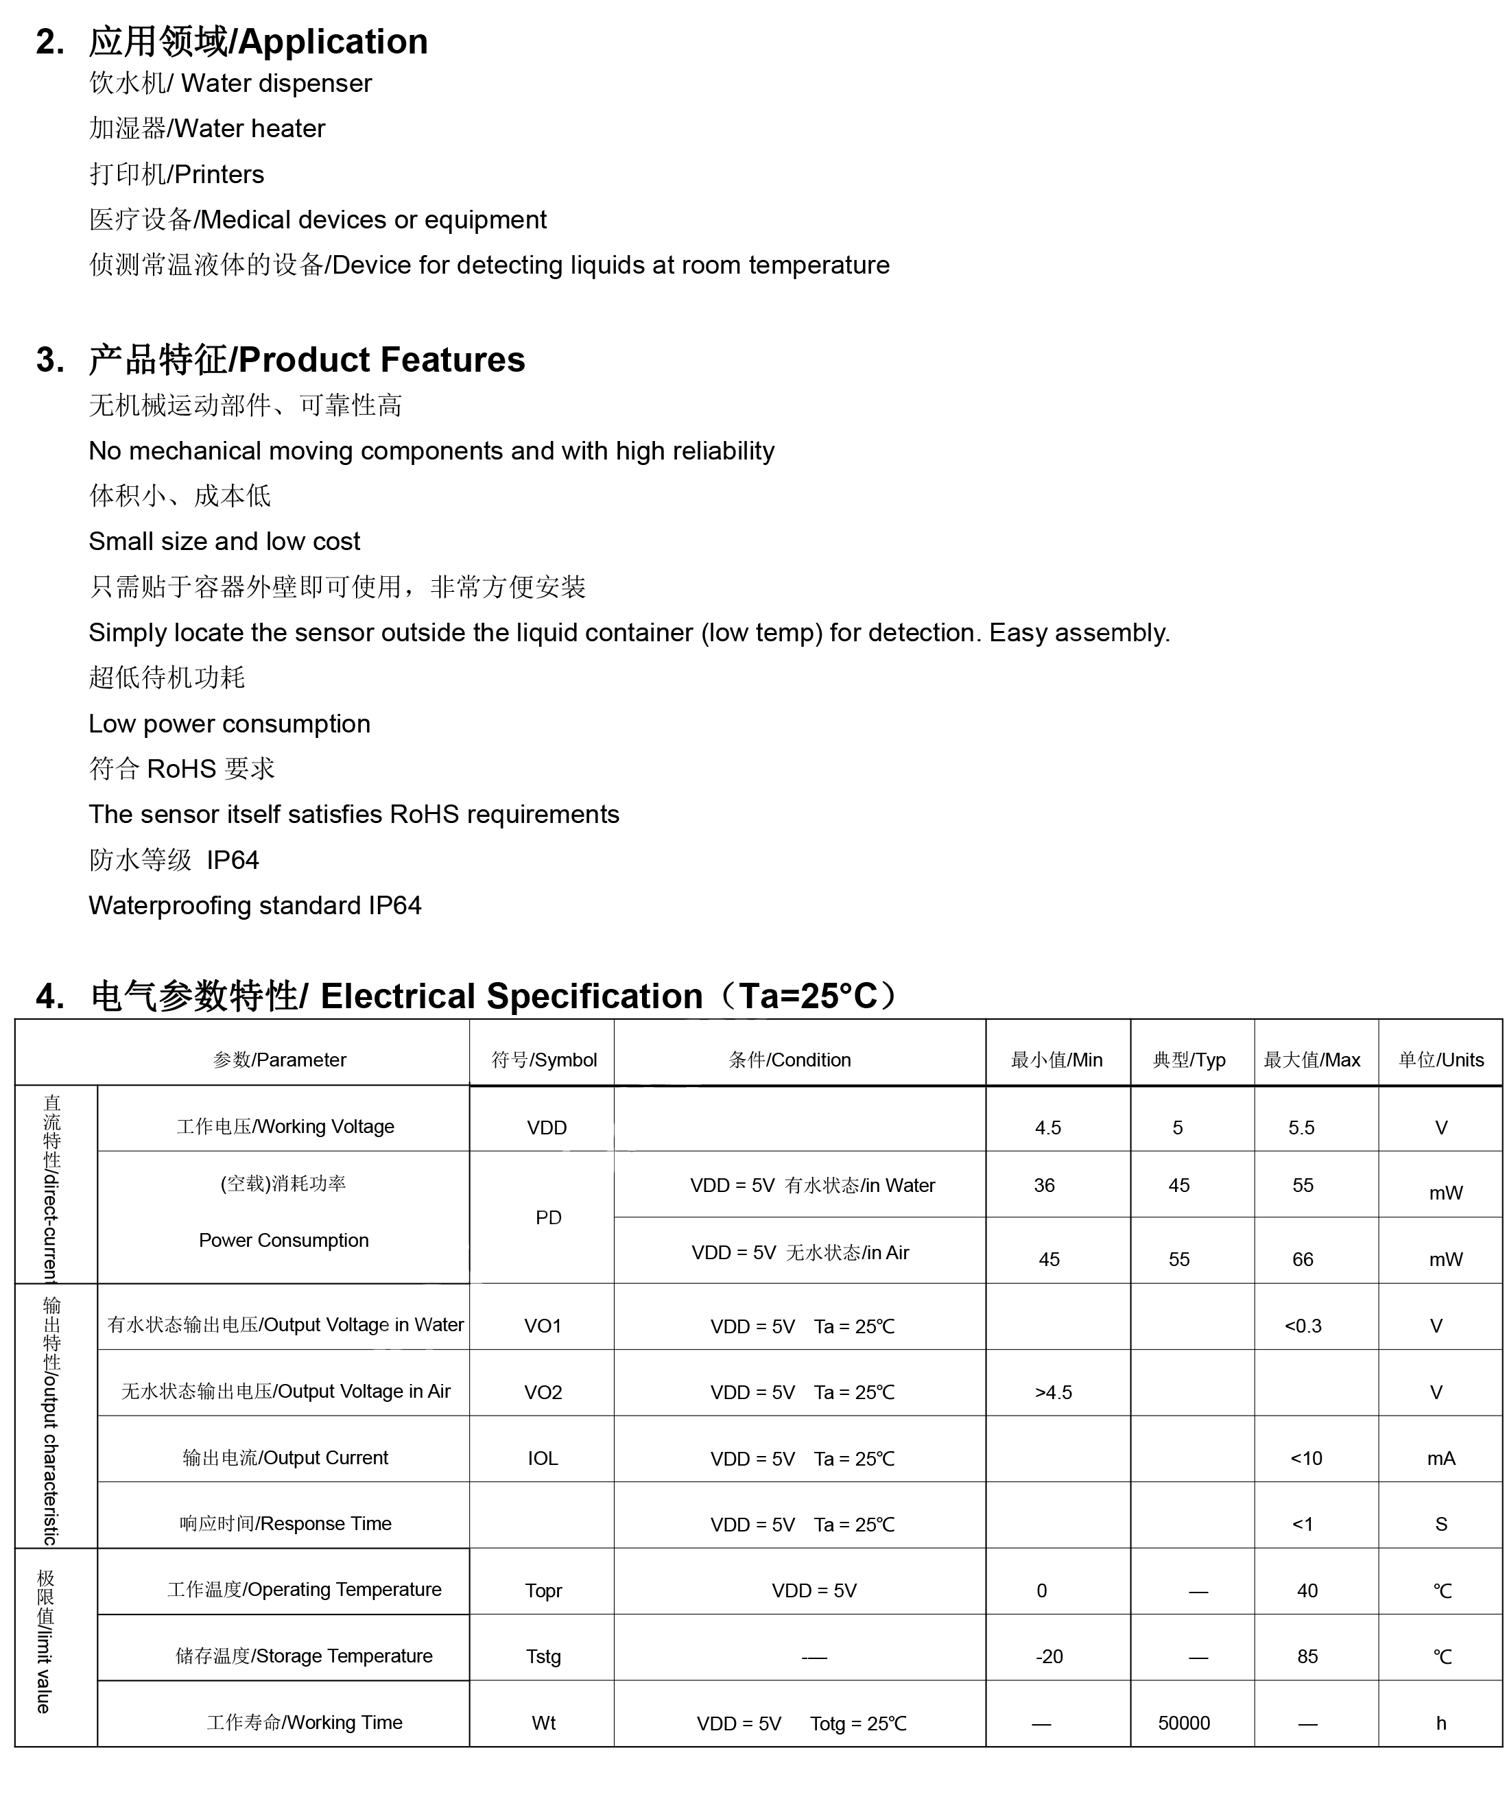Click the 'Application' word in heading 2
tap(333, 42)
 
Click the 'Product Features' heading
tap(381, 359)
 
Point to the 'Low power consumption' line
tap(229, 723)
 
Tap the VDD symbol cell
tap(547, 1127)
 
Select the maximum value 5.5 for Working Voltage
tap(1301, 1127)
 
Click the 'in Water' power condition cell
tap(812, 1185)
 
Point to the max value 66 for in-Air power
tap(1302, 1259)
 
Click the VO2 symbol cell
tap(543, 1392)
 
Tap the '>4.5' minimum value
tap(1054, 1392)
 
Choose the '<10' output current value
tap(1305, 1458)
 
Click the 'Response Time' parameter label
tap(285, 1523)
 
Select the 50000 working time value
tap(1184, 1723)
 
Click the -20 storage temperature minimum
tap(1049, 1656)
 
